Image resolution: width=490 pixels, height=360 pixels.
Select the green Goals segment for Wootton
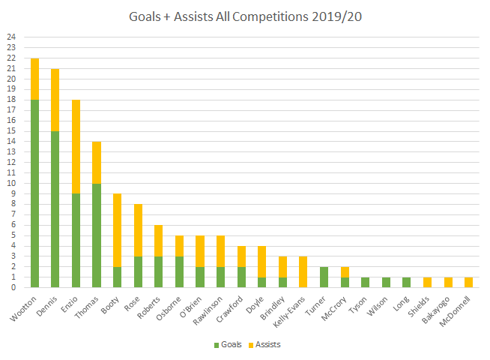click(34, 193)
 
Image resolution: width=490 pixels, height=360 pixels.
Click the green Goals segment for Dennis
click(55, 209)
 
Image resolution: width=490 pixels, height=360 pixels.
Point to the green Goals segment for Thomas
click(97, 235)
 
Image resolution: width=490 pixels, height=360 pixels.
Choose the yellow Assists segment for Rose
click(139, 229)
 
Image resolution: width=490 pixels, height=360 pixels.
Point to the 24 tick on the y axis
click(10, 37)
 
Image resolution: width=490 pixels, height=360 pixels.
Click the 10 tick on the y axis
click(10, 183)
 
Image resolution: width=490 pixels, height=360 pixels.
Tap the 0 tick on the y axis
click(10, 287)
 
